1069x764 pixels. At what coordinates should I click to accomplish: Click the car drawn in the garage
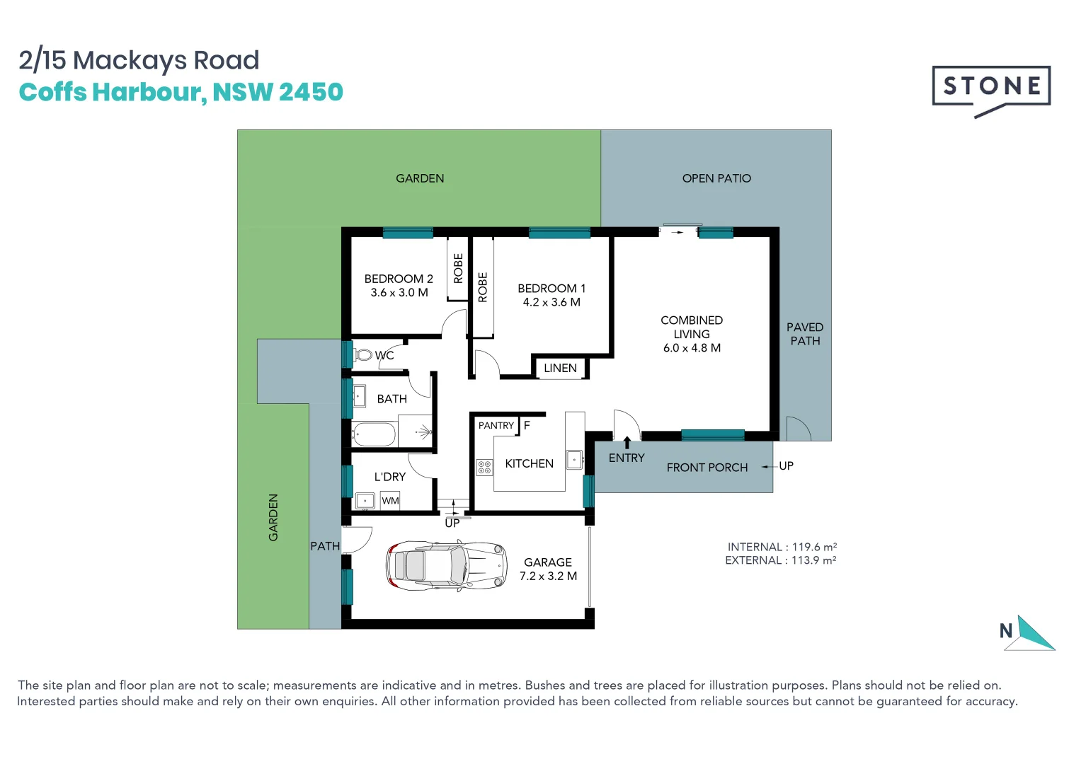coord(446,565)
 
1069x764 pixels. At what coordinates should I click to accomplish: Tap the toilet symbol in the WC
coord(364,354)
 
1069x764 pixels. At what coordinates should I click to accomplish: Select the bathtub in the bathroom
coord(374,434)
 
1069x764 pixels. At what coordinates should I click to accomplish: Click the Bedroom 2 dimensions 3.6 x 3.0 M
coord(399,293)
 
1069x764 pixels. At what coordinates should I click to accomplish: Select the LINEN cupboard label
coord(560,369)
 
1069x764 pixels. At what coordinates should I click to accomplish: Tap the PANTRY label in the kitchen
coord(496,425)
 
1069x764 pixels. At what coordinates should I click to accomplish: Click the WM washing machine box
coord(390,501)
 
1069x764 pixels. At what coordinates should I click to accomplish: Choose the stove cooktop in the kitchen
coord(484,467)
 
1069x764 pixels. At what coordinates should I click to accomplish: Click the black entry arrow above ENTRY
coord(627,443)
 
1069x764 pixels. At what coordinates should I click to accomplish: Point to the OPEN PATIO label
coord(716,178)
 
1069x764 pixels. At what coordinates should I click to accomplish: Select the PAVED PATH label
coord(805,334)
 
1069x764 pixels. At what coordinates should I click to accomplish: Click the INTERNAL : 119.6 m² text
coord(782,547)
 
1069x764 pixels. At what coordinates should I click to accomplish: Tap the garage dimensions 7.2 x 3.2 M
coord(548,577)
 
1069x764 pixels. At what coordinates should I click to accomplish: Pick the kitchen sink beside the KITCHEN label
coord(574,460)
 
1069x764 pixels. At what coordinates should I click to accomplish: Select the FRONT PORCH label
coord(707,468)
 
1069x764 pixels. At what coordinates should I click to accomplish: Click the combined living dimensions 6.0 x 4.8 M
coord(692,348)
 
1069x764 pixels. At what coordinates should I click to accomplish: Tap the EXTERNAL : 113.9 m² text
coord(780,560)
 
